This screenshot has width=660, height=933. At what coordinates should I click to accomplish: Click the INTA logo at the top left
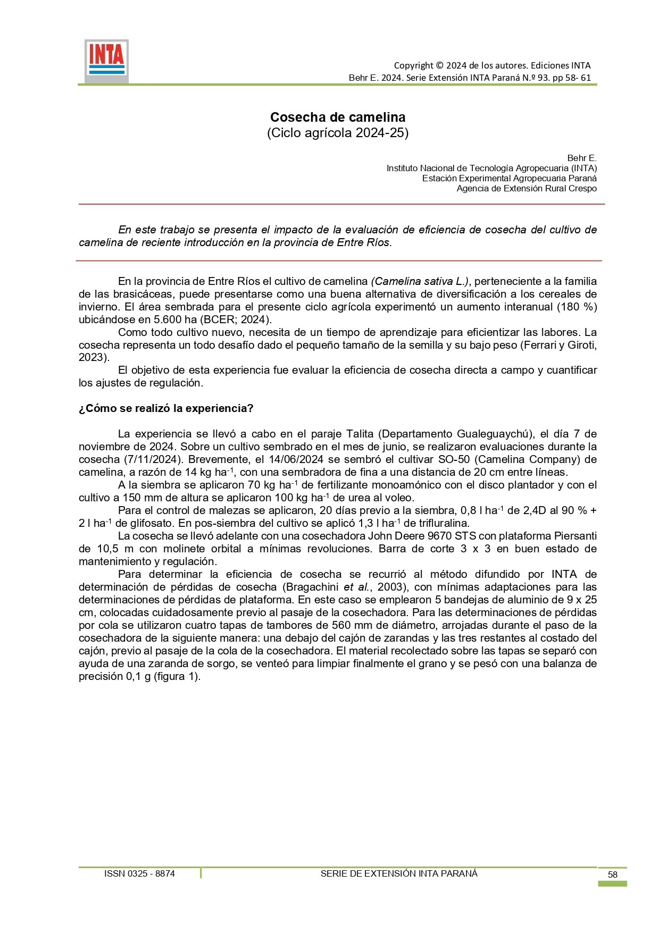coord(106,61)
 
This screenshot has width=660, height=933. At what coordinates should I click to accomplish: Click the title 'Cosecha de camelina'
coord(338,117)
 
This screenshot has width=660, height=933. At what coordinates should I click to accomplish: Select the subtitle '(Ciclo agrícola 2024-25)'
coord(338,132)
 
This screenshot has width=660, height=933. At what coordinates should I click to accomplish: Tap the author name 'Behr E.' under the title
coord(582,158)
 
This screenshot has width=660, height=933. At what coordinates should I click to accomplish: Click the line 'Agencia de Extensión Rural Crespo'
coord(527,188)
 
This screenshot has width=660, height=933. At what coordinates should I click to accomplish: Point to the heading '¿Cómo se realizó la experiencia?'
coord(166,408)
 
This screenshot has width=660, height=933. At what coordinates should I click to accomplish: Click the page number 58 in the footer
coord(613,875)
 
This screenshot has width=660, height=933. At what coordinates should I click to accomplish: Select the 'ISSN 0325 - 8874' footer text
coord(139,873)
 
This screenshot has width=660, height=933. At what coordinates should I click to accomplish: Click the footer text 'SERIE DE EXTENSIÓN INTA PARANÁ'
coord(399,873)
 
